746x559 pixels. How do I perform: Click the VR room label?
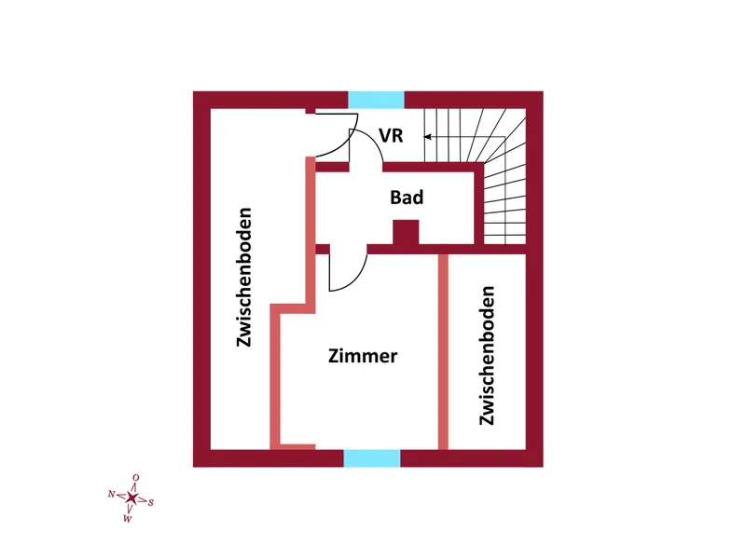pos(391,135)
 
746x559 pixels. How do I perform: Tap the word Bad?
pos(407,198)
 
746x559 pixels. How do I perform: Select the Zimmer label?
pos(363,356)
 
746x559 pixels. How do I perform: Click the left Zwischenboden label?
pos(244,277)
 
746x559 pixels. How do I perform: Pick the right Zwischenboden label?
pos(487,356)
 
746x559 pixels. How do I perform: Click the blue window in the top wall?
pos(377,100)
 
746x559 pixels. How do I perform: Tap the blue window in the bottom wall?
pos(372,458)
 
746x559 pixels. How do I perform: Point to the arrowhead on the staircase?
pos(428,137)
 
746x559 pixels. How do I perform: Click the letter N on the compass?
pos(111,494)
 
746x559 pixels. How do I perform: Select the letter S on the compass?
pos(151,502)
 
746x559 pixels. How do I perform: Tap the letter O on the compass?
pos(136,478)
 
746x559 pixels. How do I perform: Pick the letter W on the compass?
pos(127,519)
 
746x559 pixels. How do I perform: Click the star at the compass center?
pos(131,498)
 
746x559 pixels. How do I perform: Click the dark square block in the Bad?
pos(406,232)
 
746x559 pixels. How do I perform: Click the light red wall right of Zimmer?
pos(443,352)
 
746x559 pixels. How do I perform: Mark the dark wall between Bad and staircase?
pos(479,203)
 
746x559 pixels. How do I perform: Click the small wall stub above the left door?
pos(311,111)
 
